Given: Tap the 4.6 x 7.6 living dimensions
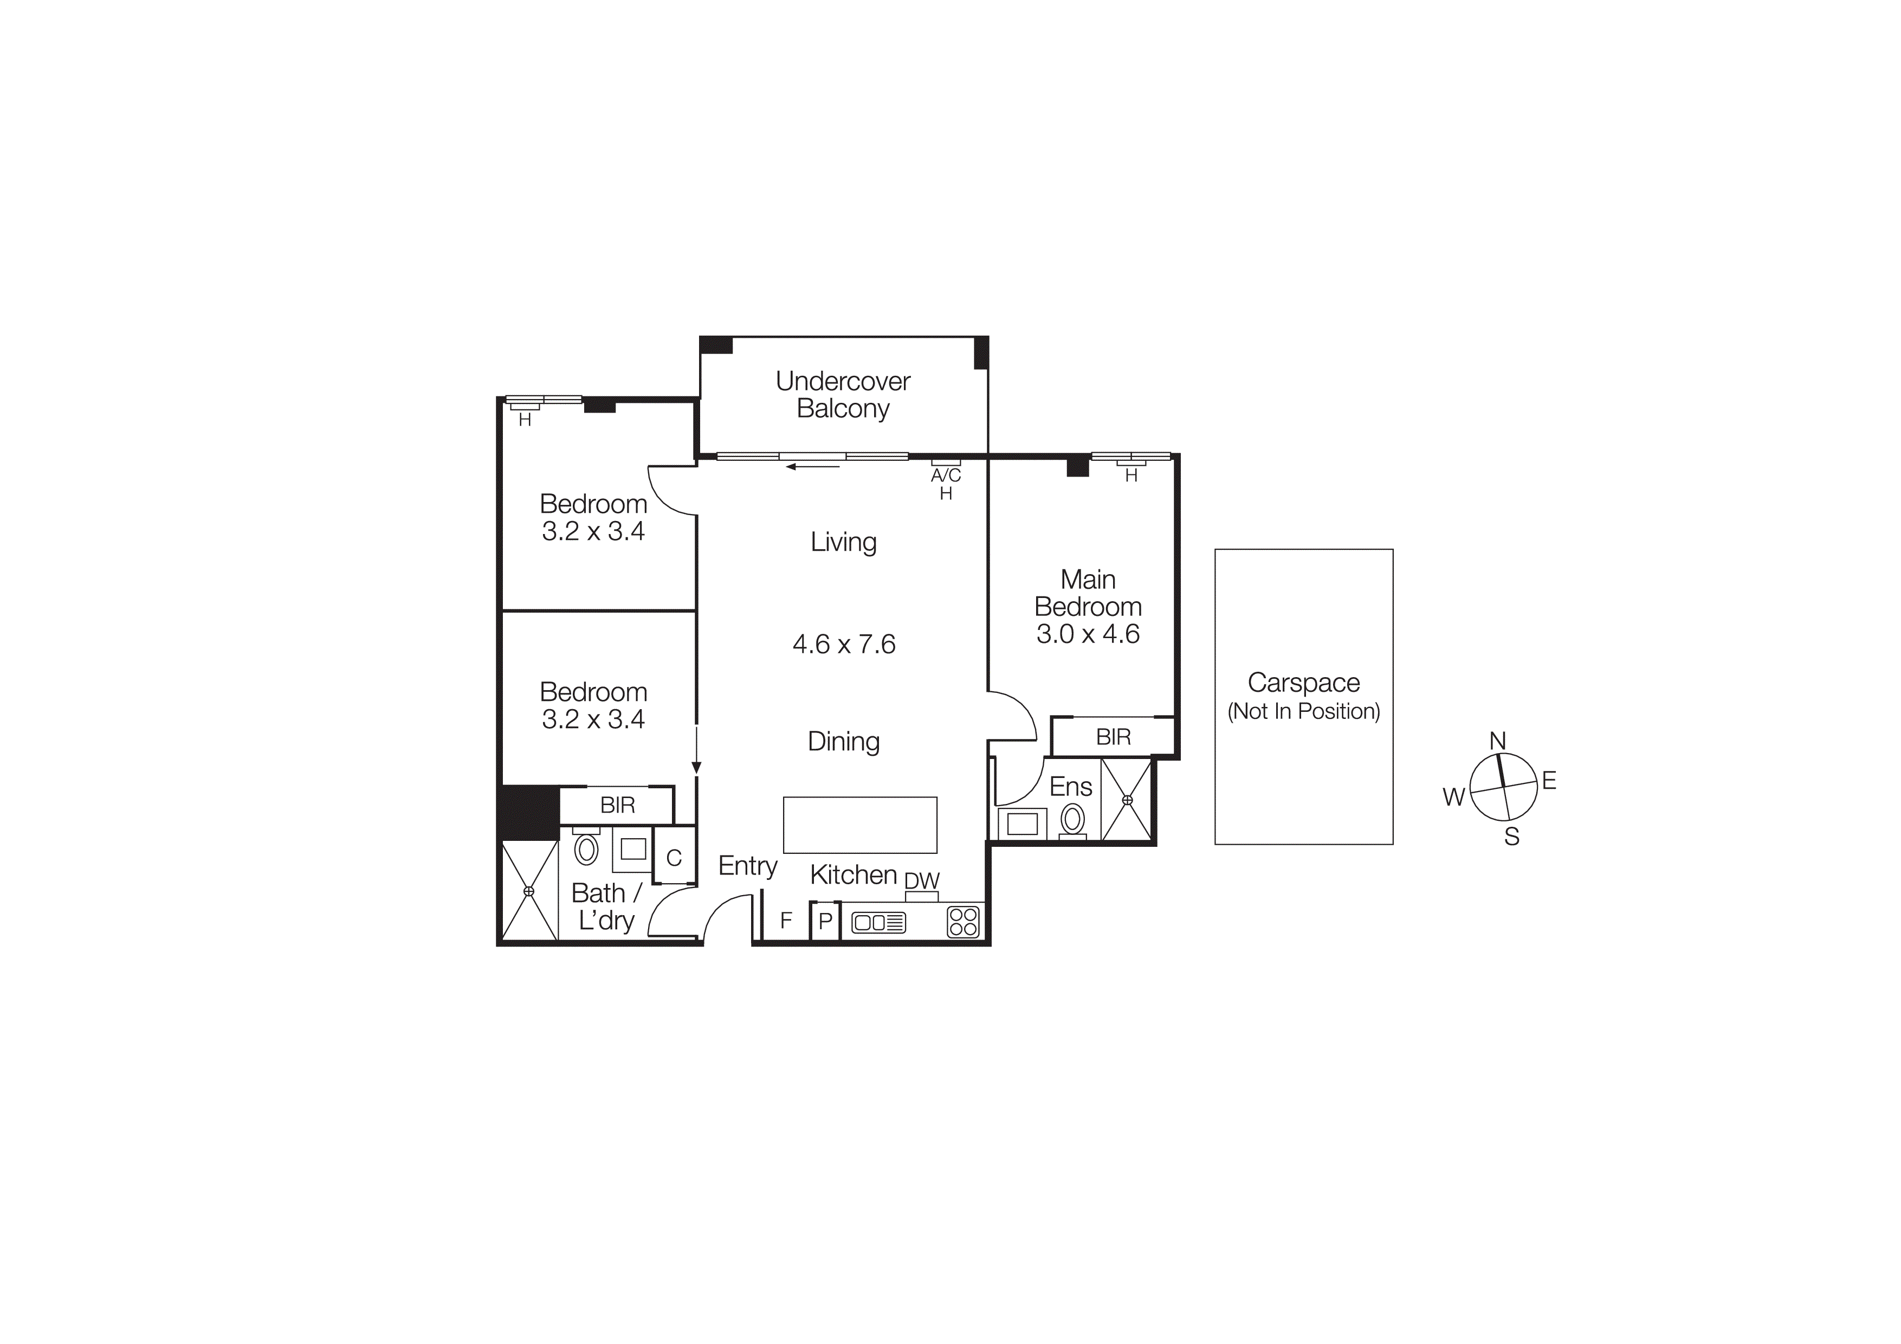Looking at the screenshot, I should pos(844,644).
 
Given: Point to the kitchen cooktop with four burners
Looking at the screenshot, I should pos(963,922).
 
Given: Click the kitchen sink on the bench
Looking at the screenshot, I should pos(878,922).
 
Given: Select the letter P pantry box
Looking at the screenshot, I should pos(825,921).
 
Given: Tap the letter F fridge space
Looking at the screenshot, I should pos(786,919).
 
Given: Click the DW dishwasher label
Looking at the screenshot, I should pos(922,880).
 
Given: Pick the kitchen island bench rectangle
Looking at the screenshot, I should pos(859,825).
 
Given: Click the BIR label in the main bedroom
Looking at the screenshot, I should pos(1113,737).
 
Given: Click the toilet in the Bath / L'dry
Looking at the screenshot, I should pos(586,849).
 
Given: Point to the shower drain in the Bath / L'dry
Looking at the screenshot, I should pos(529,891).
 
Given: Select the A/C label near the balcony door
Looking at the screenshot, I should pos(946,475).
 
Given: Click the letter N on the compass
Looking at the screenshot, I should pos(1497,741).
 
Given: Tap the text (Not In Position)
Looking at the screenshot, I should pos(1303,711).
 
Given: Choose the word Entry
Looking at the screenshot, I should pos(748,866).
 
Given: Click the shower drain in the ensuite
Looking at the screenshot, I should pos(1126,800).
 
